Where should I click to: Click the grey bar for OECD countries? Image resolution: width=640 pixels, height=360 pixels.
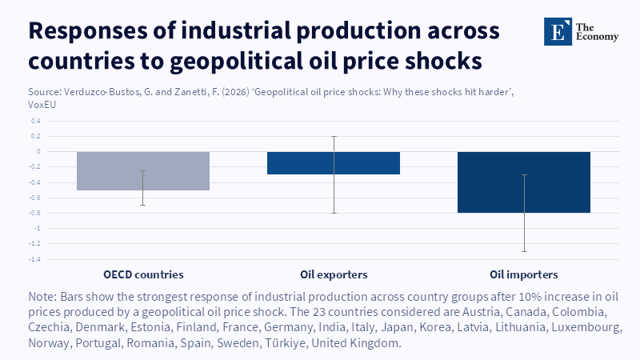point(143,171)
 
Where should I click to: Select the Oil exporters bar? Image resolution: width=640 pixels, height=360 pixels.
point(334,163)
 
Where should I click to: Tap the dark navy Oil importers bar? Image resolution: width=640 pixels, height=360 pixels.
point(524,182)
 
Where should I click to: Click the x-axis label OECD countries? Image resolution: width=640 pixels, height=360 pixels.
point(143,274)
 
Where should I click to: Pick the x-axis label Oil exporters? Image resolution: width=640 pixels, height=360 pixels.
point(334,274)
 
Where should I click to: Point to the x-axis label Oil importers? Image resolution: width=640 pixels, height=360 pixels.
point(524,274)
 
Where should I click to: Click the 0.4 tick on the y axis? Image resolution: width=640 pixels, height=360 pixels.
point(36,121)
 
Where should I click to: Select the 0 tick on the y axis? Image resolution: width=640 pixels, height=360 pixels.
point(38,151)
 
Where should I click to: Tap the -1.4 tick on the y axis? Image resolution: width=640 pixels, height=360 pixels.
point(34,259)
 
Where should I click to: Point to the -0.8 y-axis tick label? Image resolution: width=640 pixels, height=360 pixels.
point(34,213)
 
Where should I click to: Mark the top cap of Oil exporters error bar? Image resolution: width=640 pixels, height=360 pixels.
point(334,136)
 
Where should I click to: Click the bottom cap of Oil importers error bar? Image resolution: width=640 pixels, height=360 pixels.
point(524,251)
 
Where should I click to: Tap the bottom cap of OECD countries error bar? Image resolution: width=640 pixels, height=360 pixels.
point(143,205)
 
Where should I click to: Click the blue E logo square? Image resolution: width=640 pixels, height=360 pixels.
point(558,31)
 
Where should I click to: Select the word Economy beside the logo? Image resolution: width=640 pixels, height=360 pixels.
point(597,37)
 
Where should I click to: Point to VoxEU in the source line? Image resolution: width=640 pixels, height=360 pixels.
point(42,105)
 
